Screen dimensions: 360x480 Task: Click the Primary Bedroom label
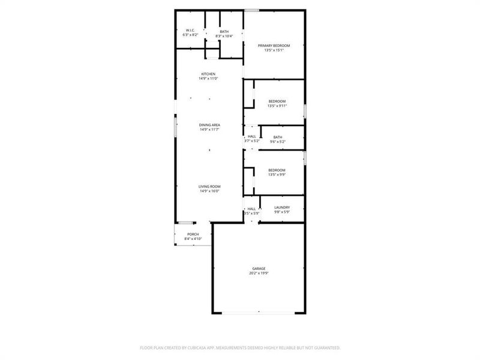(x=274, y=46)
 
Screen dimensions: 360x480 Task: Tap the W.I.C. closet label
(x=190, y=31)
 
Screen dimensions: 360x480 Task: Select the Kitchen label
(x=208, y=74)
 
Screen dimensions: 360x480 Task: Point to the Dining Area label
(x=209, y=125)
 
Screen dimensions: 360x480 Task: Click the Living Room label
(x=209, y=187)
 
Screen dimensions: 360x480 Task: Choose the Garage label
(x=259, y=268)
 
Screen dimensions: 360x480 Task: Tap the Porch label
(x=193, y=234)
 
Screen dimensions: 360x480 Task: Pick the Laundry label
(x=282, y=208)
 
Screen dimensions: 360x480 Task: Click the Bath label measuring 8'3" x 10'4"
(x=224, y=32)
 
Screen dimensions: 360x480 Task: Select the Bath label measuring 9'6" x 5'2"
(x=277, y=137)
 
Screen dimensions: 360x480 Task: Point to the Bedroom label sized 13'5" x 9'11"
(x=277, y=101)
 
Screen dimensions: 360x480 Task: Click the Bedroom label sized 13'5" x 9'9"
(x=277, y=170)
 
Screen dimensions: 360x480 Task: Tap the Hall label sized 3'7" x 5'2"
(x=252, y=137)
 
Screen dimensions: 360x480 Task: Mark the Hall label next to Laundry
(x=251, y=209)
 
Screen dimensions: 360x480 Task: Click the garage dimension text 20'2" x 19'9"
(x=259, y=273)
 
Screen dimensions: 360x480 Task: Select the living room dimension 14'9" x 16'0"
(x=209, y=191)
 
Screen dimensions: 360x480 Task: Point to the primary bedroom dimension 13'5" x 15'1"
(x=274, y=50)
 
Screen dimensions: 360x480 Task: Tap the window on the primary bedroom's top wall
(x=252, y=10)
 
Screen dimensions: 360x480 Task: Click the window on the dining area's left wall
(x=175, y=128)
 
